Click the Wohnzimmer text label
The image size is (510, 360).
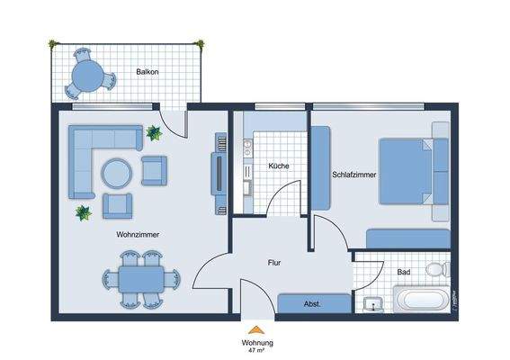coord(138,234)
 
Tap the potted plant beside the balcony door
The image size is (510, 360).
coord(154,134)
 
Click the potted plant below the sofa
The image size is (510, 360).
coord(83,213)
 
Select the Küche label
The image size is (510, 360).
coord(278,167)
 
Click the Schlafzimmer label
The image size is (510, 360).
coord(353,175)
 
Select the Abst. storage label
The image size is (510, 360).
coord(312,305)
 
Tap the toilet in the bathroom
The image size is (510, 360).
coord(437,268)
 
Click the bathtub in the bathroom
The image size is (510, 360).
coord(420,301)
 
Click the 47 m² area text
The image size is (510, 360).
coord(257,351)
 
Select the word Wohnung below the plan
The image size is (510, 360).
coord(257,343)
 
